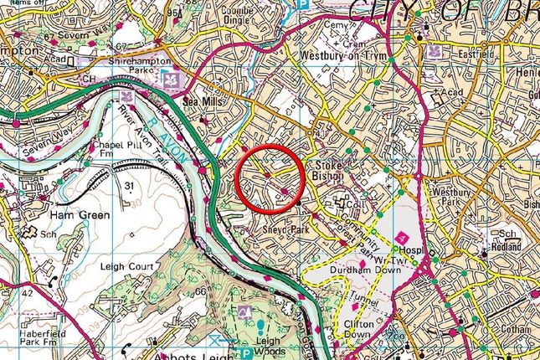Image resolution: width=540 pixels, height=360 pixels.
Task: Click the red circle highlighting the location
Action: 270,177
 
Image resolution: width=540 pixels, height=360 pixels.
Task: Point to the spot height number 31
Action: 128,184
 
